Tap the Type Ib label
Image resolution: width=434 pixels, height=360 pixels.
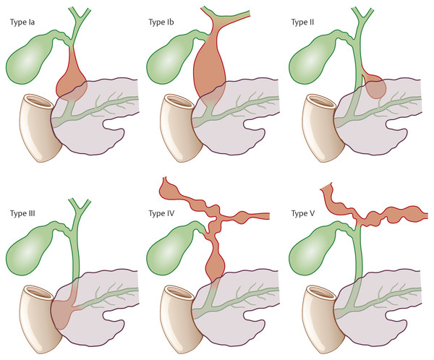tap(163, 22)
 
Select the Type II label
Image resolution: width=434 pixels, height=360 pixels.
tap(305, 22)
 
